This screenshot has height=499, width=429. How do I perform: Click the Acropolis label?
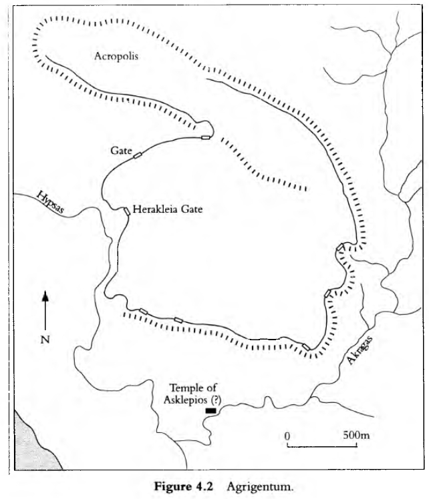(116, 56)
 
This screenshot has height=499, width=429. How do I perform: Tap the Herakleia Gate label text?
(168, 209)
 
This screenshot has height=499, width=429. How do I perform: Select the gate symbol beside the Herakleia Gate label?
(126, 211)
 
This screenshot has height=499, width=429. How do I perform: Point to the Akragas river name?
(360, 350)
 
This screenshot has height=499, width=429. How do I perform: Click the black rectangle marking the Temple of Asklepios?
(210, 410)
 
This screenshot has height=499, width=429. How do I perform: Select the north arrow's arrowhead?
(45, 296)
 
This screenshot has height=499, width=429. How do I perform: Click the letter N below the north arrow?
(45, 340)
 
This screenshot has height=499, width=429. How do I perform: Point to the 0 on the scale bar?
(287, 436)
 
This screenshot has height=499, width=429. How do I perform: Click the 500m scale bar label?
(356, 435)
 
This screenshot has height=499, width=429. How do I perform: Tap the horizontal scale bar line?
(322, 446)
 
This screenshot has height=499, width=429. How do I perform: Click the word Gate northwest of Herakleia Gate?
(121, 150)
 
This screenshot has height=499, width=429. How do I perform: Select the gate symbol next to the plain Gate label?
(138, 155)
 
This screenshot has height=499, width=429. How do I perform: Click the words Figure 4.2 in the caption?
(183, 486)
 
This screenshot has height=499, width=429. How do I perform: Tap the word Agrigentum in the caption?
(259, 487)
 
